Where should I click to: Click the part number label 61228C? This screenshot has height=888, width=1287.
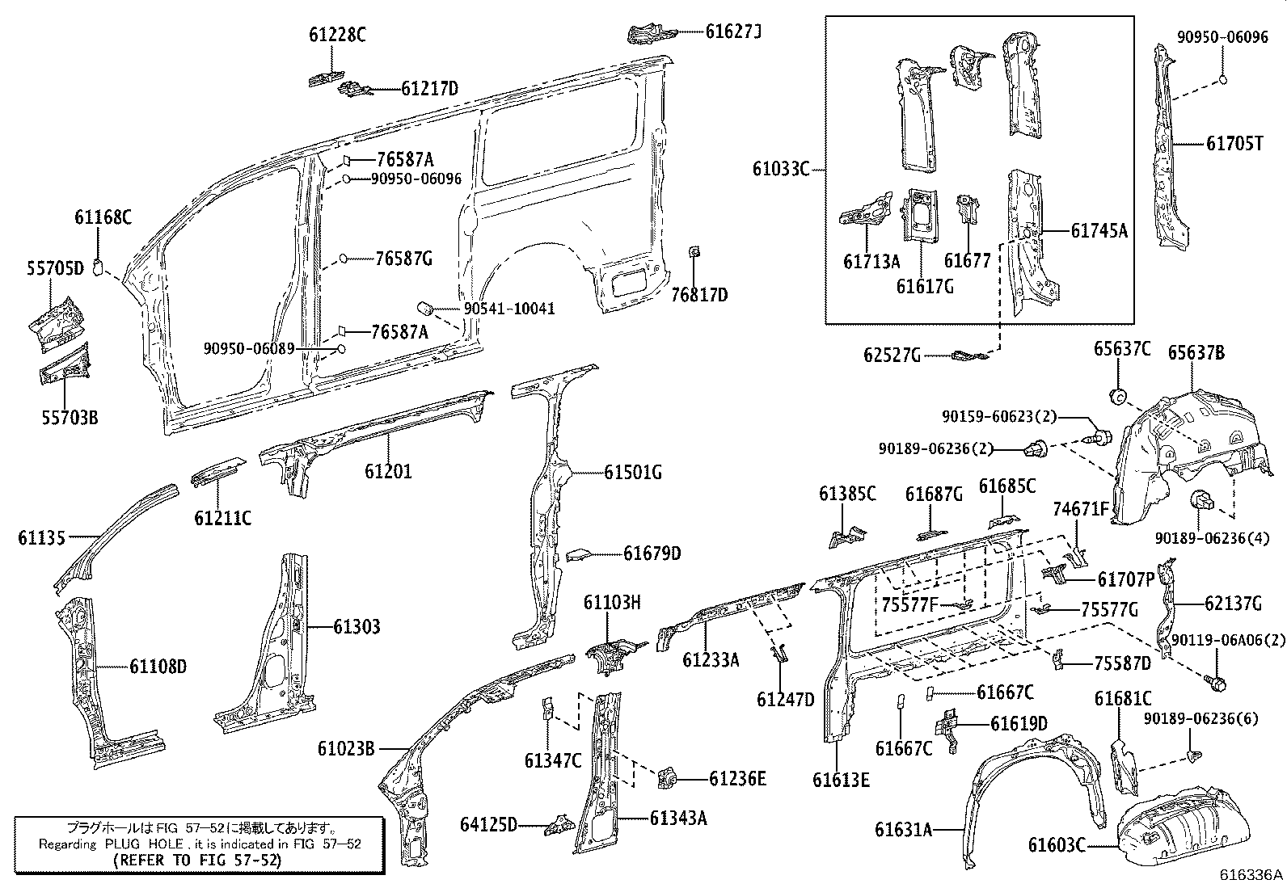(x=336, y=35)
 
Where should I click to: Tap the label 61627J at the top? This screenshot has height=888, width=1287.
(x=733, y=32)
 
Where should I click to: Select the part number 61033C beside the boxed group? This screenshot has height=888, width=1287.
(x=781, y=169)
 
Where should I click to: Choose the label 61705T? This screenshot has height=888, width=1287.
(x=1234, y=144)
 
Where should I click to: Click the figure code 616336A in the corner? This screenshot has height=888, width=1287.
(x=1251, y=875)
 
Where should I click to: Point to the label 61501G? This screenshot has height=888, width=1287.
(x=632, y=473)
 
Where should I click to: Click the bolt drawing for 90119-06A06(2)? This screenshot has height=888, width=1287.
(x=1215, y=684)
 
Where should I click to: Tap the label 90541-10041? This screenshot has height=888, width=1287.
(x=509, y=309)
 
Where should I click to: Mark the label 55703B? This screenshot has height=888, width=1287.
(x=70, y=418)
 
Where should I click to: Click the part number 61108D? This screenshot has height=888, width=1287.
(x=158, y=667)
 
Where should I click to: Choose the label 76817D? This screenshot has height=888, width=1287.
(x=699, y=295)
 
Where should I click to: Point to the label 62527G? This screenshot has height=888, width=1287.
(x=892, y=355)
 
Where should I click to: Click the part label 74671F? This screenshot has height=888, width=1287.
(x=1081, y=508)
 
